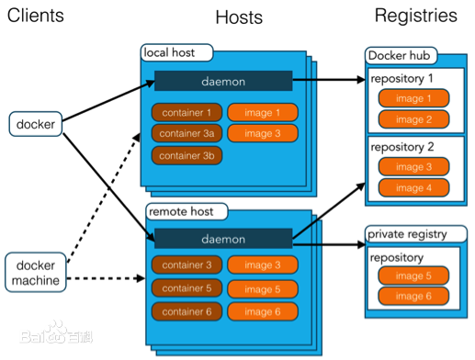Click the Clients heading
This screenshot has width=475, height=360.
pyautogui.click(x=38, y=16)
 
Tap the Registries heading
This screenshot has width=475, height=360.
pyautogui.click(x=415, y=16)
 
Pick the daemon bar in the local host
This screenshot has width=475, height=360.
pyautogui.click(x=223, y=81)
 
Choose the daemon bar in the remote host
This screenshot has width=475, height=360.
pyautogui.click(x=223, y=240)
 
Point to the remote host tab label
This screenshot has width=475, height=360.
pyautogui.click(x=183, y=211)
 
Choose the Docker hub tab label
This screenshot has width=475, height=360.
pyautogui.click(x=402, y=56)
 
